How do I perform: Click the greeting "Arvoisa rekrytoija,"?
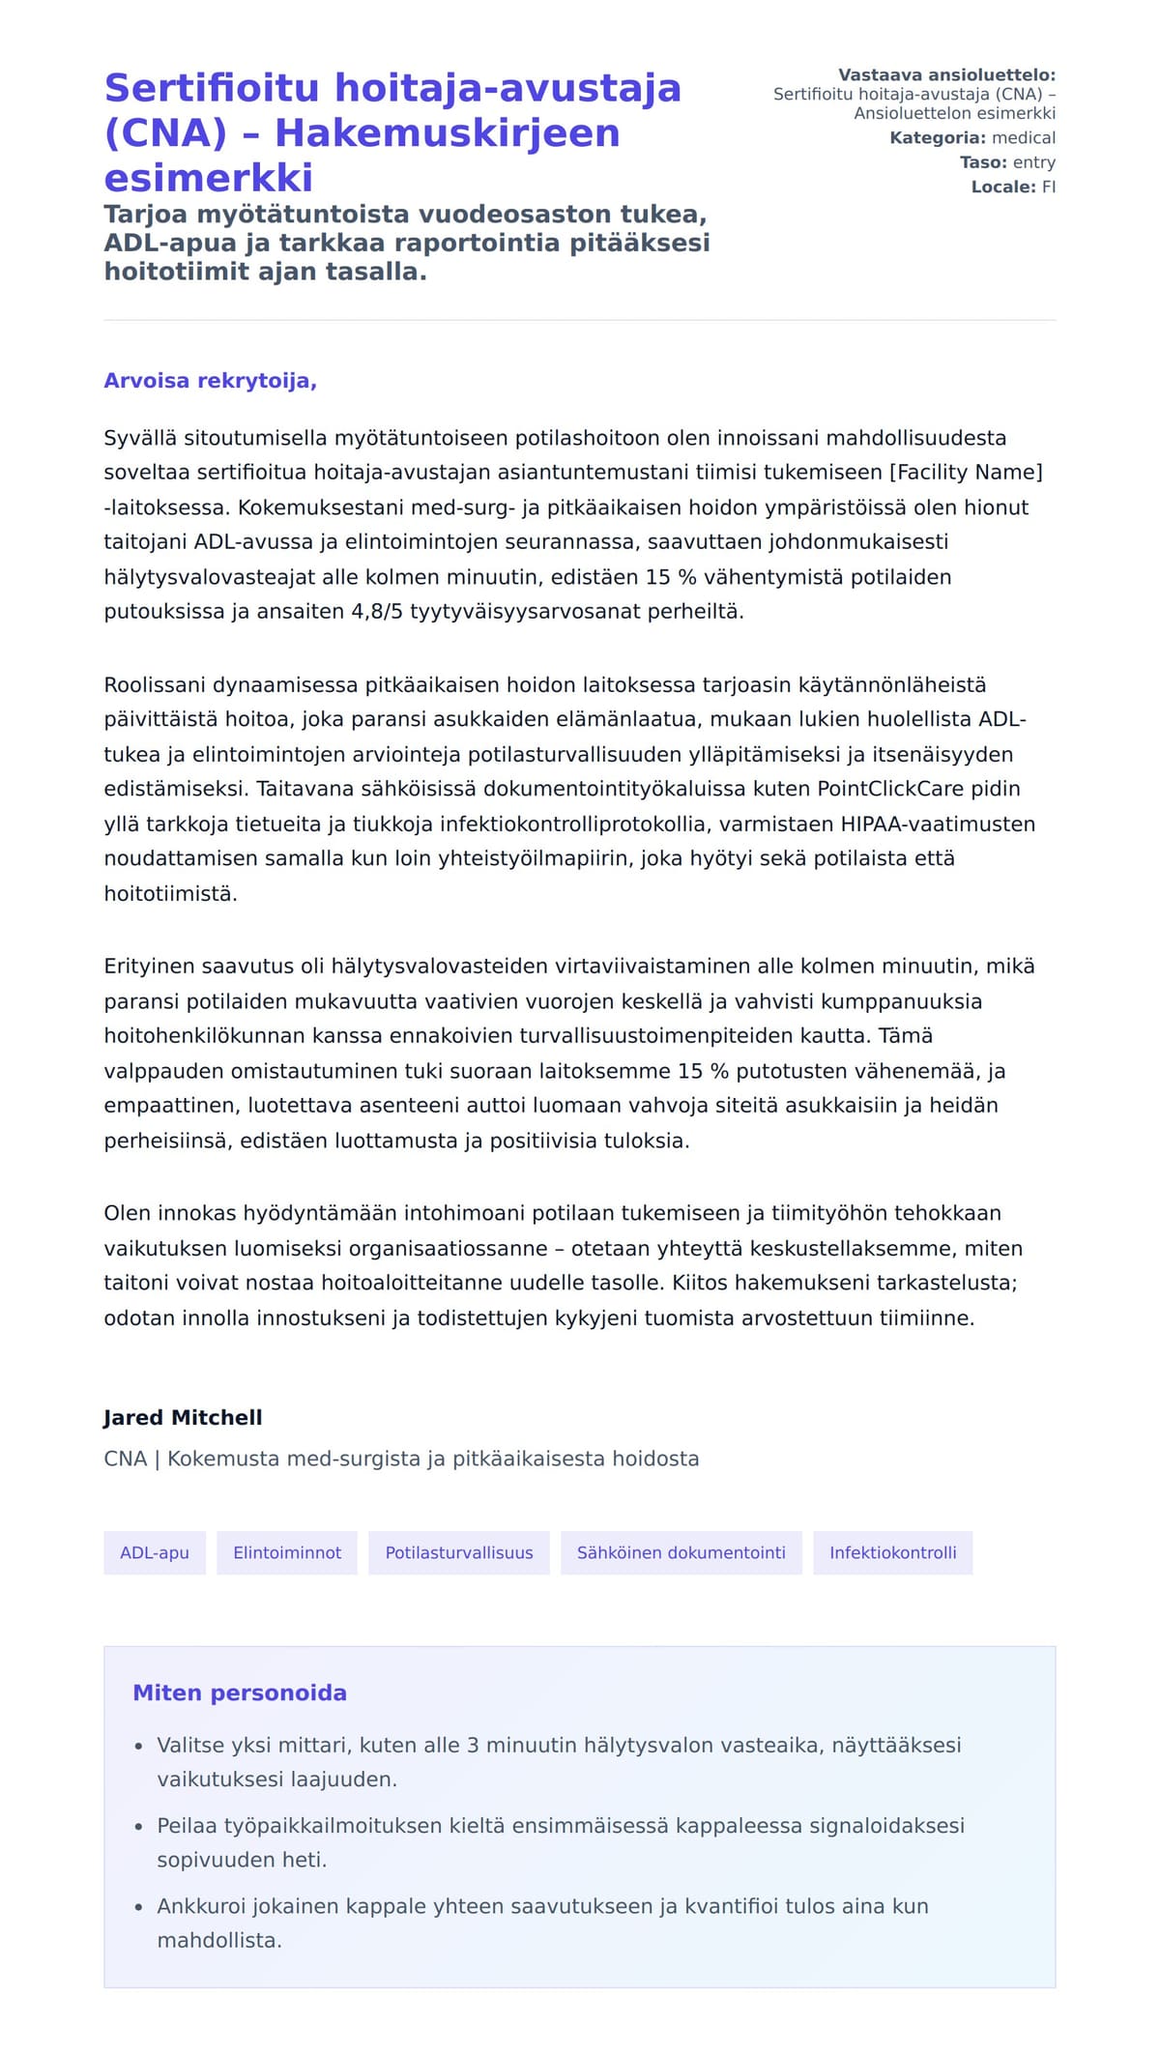210,381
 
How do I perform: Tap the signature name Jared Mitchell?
183,1417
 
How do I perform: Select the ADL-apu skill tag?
155,1552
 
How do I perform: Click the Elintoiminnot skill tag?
287,1552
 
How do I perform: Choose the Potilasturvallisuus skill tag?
459,1552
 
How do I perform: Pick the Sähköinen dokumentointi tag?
681,1552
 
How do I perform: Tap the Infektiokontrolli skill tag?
892,1552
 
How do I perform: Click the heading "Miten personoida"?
240,1692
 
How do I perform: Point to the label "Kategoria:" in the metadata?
938,138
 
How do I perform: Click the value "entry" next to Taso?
1033,162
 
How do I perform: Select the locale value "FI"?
1048,187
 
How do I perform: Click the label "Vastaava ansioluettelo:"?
946,75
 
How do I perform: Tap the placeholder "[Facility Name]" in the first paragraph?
966,473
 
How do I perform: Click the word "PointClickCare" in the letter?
890,789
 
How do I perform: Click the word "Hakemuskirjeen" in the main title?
447,132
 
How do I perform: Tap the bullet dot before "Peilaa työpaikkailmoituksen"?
139,1828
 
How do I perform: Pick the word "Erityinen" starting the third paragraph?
149,967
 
